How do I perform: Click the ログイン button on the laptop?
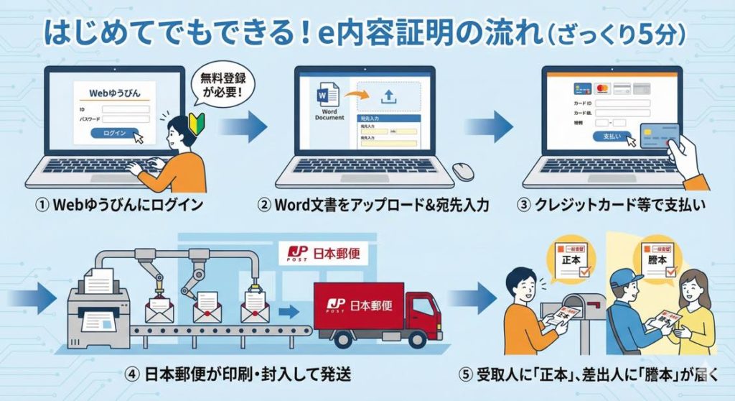click(115, 133)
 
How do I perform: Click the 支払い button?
click(612, 137)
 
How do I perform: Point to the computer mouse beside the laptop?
click(463, 171)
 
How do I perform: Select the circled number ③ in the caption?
click(525, 206)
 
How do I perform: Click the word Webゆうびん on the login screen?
click(115, 93)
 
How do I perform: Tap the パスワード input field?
click(126, 119)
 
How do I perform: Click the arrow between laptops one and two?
click(244, 127)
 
